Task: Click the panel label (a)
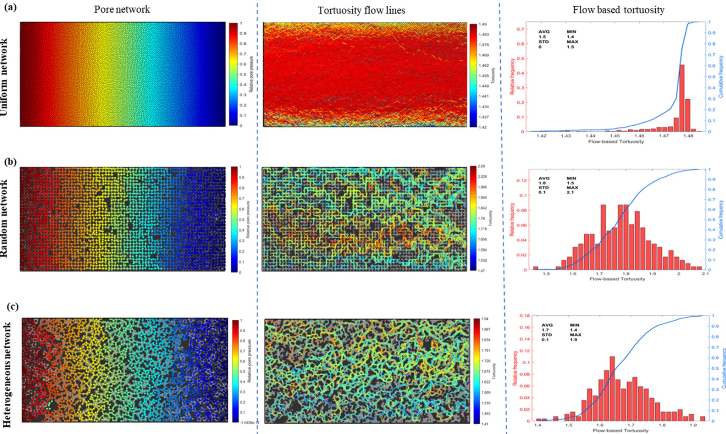click(x=10, y=7)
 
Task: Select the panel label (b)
click(x=10, y=162)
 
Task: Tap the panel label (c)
click(x=12, y=307)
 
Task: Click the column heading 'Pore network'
click(x=122, y=9)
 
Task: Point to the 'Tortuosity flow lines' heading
click(x=361, y=10)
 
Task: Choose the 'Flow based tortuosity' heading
click(x=618, y=10)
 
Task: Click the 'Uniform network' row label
click(x=4, y=77)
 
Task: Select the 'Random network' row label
click(x=4, y=218)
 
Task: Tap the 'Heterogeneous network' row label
click(x=7, y=375)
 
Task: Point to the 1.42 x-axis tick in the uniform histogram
click(x=541, y=136)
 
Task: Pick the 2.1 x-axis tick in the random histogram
click(x=705, y=274)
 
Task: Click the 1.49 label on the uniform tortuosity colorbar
click(x=483, y=24)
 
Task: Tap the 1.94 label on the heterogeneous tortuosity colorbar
click(x=485, y=319)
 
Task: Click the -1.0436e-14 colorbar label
click(x=249, y=423)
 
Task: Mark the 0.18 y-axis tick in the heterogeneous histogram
click(x=525, y=316)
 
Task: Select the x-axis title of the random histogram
click(x=617, y=279)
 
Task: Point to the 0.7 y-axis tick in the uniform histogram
click(x=520, y=29)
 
